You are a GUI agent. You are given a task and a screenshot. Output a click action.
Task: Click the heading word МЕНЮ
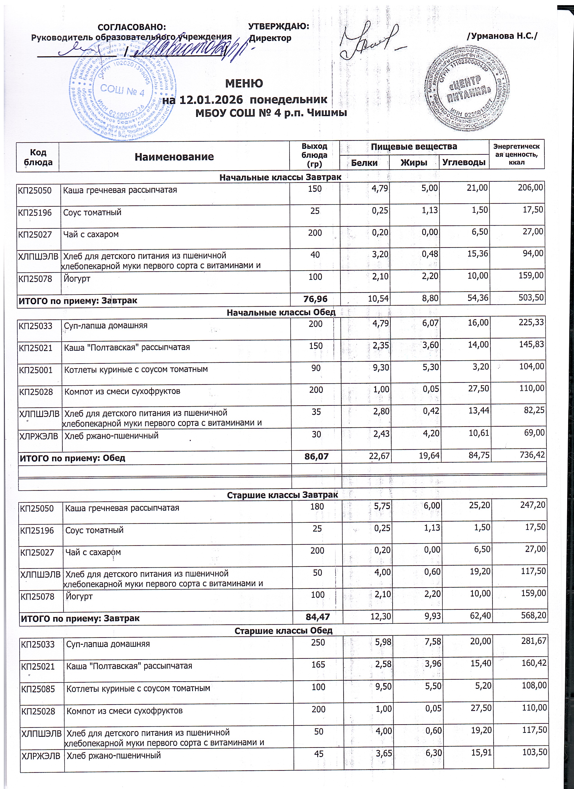[x=244, y=83]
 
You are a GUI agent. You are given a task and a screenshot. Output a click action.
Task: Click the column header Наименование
[x=174, y=157]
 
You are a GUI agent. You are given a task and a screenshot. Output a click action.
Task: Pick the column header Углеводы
[x=464, y=162]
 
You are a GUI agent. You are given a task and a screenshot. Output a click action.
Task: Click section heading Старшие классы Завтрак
[x=283, y=495]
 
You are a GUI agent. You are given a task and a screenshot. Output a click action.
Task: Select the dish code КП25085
[x=38, y=689]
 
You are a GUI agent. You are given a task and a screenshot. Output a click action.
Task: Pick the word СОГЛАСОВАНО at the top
[x=132, y=27]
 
